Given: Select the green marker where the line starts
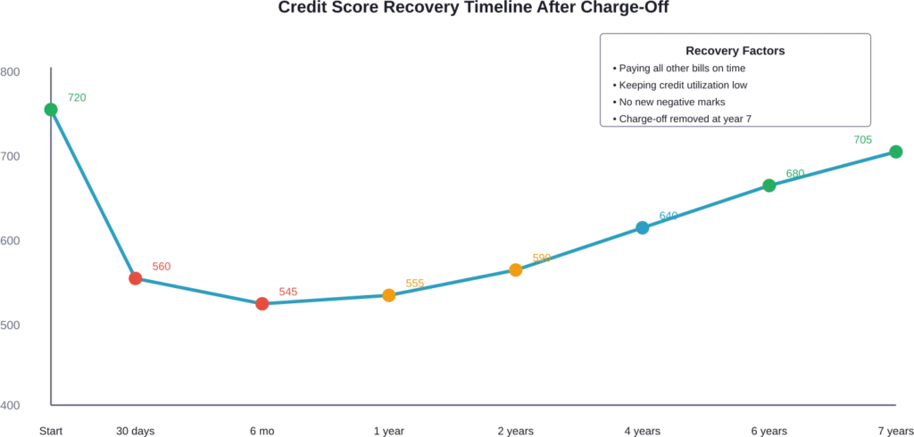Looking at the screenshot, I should click(51, 109).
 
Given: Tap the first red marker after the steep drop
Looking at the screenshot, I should click(136, 279).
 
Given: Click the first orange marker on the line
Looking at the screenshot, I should click(388, 295).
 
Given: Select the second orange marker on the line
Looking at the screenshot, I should click(515, 268).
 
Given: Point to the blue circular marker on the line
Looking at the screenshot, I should click(643, 227).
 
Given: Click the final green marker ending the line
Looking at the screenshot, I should click(896, 152).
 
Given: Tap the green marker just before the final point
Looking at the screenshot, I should click(769, 186).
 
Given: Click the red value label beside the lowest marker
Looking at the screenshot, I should click(288, 292).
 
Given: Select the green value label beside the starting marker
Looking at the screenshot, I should click(79, 95).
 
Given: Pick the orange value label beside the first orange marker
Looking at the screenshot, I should click(415, 283).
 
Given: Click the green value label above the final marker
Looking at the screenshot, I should click(863, 139).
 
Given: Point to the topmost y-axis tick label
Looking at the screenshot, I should click(11, 71).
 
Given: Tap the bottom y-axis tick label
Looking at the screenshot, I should click(11, 407).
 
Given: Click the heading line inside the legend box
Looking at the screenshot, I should click(735, 51).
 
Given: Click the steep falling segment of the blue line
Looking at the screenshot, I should click(93, 194).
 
